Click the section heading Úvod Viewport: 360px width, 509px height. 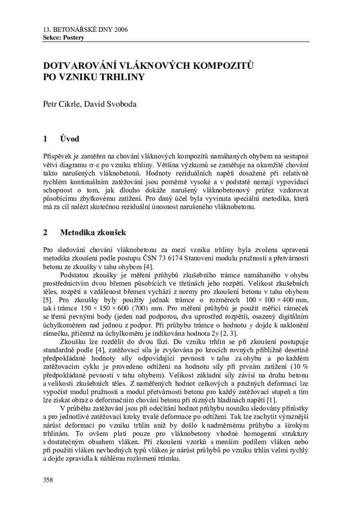70,139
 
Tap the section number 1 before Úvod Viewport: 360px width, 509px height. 45,139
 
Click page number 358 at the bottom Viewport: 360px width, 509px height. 48,480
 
